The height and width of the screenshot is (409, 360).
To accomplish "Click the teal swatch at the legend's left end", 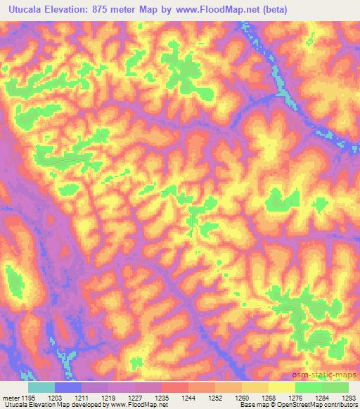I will pos(41,387).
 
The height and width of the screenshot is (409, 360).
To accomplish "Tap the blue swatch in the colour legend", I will pos(68,387).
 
